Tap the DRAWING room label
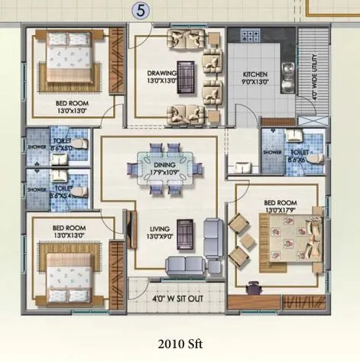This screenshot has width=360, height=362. pos(162,73)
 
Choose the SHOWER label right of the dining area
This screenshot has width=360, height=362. pos(272,151)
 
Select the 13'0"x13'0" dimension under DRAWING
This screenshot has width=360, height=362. pos(162,81)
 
